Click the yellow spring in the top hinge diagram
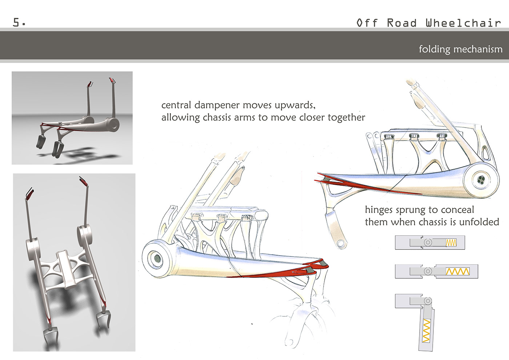pos(451,243)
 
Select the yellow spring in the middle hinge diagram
pos(457,271)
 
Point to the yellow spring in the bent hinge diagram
pos(426,331)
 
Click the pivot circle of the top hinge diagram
pos(428,242)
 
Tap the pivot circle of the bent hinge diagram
pos(428,301)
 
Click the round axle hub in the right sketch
pos(481,180)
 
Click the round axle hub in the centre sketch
pos(157,258)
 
